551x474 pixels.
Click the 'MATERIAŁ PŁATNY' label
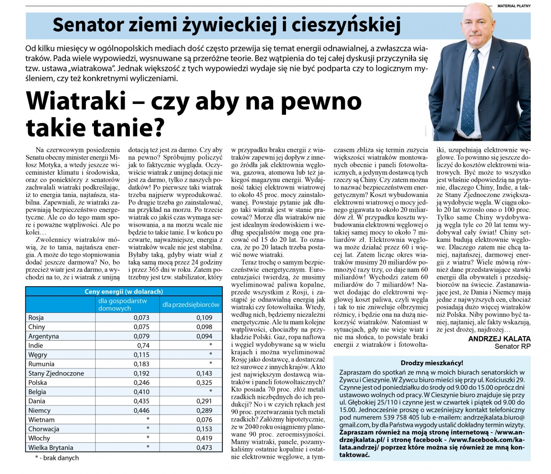[514, 6]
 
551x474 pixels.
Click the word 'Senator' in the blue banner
[87, 25]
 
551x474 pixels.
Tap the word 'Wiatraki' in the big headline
[75, 101]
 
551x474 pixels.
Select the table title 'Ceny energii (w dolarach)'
[124, 291]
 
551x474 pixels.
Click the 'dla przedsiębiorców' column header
[191, 304]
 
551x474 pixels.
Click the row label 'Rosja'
[36, 317]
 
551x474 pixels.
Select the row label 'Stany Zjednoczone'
[56, 373]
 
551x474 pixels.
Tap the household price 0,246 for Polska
[141, 382]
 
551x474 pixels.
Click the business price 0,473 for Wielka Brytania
[204, 447]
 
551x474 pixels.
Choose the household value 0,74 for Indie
[143, 345]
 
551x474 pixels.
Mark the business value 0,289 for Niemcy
[204, 410]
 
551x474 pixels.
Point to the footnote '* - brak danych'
[57, 458]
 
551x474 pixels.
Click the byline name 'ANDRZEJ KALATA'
[499, 339]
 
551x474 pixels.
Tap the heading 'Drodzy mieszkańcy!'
[432, 363]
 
